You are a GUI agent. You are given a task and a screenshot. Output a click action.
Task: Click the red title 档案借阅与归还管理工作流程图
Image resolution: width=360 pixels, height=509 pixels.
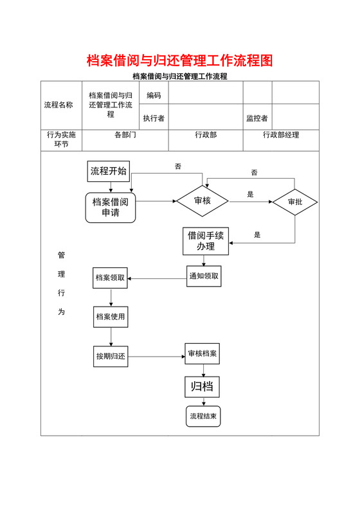click(180, 61)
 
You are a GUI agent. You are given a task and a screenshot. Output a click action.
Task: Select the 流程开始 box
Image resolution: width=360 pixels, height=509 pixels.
click(109, 171)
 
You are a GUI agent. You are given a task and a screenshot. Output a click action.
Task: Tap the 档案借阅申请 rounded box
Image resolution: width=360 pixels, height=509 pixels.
click(111, 207)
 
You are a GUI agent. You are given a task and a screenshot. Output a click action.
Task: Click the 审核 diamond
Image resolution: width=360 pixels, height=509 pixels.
click(203, 201)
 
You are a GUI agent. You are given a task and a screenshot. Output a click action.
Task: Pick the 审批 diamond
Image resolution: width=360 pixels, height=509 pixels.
click(294, 202)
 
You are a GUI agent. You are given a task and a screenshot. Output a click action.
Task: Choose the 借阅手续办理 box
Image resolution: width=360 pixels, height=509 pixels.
click(206, 241)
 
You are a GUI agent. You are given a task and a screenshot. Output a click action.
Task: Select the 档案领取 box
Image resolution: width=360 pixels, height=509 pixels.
click(110, 278)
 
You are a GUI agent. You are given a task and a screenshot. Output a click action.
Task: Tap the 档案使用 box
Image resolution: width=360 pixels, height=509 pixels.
click(110, 316)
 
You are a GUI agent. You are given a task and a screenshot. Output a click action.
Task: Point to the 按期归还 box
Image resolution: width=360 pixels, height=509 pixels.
click(110, 355)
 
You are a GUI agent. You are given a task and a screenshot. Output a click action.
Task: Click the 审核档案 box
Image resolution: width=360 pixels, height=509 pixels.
click(203, 354)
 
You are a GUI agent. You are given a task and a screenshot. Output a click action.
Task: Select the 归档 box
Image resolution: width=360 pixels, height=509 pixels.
click(203, 387)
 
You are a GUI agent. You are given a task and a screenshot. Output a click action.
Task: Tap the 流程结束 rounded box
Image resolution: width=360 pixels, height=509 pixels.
click(203, 416)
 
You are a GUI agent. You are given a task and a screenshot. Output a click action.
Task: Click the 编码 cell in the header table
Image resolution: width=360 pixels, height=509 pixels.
click(154, 96)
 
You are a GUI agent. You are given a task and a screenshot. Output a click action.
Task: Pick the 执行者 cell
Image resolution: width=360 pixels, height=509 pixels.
click(154, 118)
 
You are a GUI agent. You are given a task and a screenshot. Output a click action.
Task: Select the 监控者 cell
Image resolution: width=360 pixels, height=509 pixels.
click(257, 118)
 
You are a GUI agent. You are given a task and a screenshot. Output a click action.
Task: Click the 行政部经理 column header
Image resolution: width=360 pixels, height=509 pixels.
click(281, 135)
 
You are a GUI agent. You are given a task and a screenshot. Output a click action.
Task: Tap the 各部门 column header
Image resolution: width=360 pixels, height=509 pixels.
click(125, 135)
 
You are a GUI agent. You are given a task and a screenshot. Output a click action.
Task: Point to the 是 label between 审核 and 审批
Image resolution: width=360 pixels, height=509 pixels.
click(251, 194)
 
